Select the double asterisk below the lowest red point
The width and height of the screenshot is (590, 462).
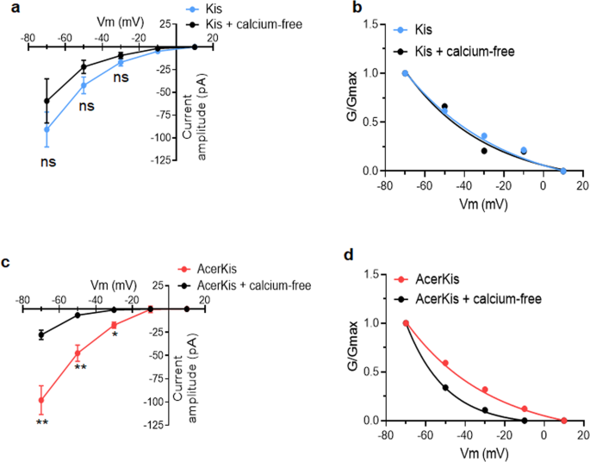pos(41,422)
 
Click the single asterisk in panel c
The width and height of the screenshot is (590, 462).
pos(115,334)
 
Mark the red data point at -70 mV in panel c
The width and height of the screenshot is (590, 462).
pos(40,400)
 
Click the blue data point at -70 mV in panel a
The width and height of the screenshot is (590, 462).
pos(47,129)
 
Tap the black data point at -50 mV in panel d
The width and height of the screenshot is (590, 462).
pos(445,387)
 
